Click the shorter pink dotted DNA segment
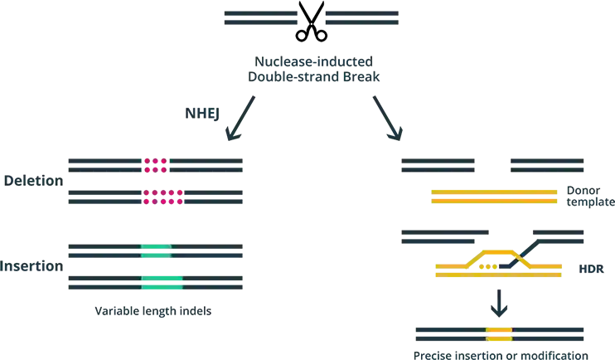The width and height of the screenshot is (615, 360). (155, 163)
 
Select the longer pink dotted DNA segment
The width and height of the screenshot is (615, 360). (162, 197)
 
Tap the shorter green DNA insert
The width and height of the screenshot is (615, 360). (155, 250)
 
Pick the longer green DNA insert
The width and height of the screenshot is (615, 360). (161, 282)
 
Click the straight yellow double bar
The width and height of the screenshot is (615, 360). (496, 197)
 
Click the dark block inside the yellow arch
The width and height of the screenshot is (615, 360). (507, 265)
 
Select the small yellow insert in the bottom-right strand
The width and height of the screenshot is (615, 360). (498, 334)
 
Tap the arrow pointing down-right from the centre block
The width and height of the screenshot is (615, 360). (388, 118)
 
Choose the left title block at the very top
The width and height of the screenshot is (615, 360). (259, 17)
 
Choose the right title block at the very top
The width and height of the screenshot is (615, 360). (364, 17)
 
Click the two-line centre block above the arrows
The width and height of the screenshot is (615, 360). (314, 70)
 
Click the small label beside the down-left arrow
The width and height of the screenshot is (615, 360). (197, 110)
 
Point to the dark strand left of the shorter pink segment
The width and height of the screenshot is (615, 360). (104, 163)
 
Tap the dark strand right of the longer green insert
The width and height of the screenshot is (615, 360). (214, 282)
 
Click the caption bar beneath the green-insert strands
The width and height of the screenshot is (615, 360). (152, 313)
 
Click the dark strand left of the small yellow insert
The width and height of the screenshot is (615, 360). (448, 334)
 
